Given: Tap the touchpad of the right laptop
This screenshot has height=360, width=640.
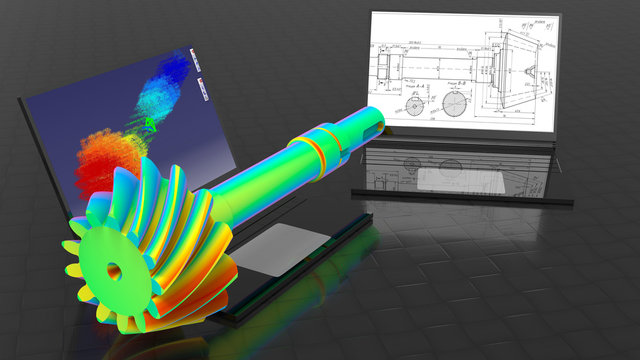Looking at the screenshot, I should point(445,179).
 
